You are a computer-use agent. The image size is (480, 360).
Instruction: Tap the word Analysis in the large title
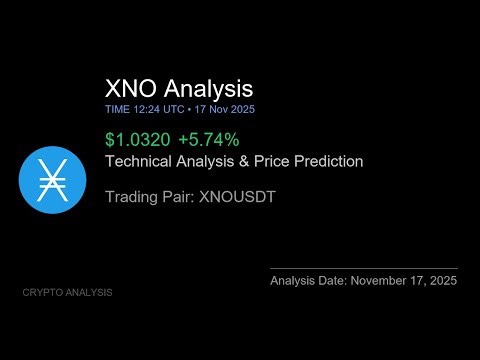coord(208,89)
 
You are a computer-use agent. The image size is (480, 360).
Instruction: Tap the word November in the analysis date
coord(383,282)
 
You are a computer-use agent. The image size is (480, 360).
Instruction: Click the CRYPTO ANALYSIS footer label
coord(67,292)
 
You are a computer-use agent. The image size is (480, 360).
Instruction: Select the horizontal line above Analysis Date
coord(364,268)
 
